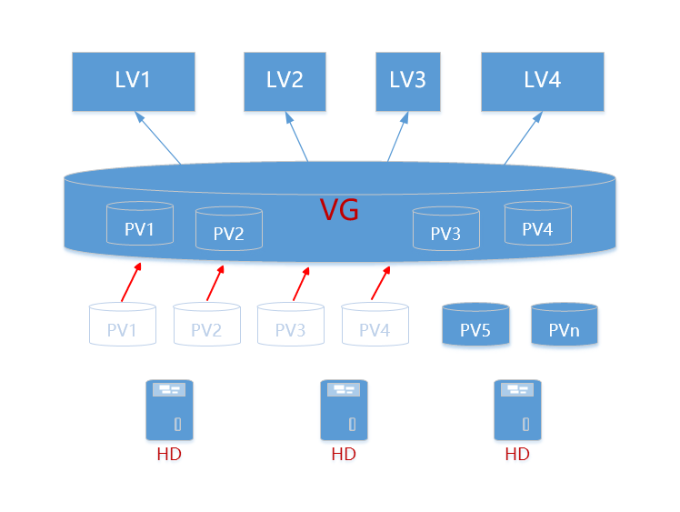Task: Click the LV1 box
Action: pyautogui.click(x=134, y=81)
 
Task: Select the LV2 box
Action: pyautogui.click(x=285, y=81)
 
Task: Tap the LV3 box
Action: pyautogui.click(x=408, y=81)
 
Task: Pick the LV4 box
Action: pyautogui.click(x=542, y=81)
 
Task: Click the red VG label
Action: pyautogui.click(x=339, y=211)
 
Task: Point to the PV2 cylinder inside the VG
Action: pyautogui.click(x=228, y=229)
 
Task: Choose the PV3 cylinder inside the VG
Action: pyautogui.click(x=445, y=229)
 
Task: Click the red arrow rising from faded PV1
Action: pyautogui.click(x=131, y=282)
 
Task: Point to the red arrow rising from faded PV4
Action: pyautogui.click(x=381, y=283)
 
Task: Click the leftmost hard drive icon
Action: pyautogui.click(x=169, y=410)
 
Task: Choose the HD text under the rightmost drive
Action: pyautogui.click(x=516, y=454)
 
